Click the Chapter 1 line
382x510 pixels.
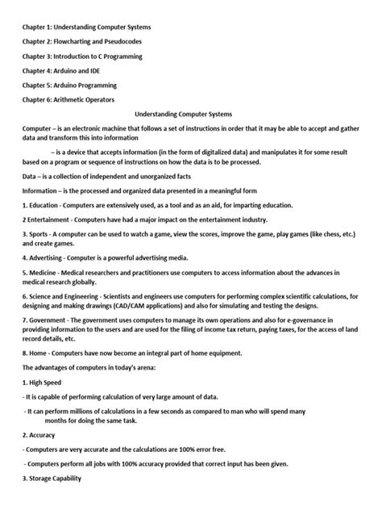pos(86,27)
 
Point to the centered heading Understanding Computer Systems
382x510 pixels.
pos(190,113)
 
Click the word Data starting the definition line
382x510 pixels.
pos(31,176)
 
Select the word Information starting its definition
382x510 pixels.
pos(42,190)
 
